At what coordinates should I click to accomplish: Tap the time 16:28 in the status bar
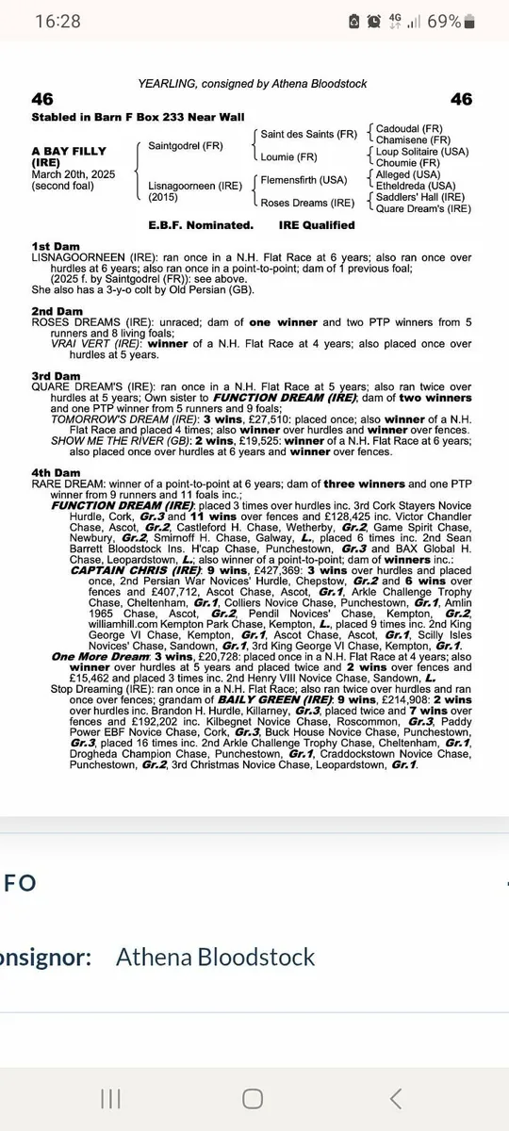click(58, 21)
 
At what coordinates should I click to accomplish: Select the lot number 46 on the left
click(42, 99)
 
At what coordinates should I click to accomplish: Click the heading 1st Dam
click(56, 245)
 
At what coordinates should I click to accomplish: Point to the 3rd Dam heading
click(56, 375)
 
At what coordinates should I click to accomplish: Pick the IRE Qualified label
click(318, 225)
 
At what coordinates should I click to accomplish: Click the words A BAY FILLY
click(69, 151)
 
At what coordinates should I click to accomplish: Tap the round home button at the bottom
click(253, 1098)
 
